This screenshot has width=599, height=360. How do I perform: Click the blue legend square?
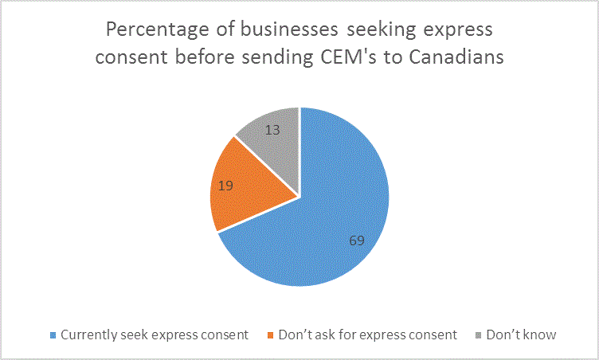click(53, 335)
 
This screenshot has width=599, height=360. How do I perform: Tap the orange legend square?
click(272, 335)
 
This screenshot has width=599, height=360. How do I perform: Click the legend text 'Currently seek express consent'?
click(155, 335)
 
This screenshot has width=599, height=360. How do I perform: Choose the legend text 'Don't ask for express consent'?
click(368, 335)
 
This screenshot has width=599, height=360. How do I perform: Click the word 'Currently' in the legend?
click(89, 335)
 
